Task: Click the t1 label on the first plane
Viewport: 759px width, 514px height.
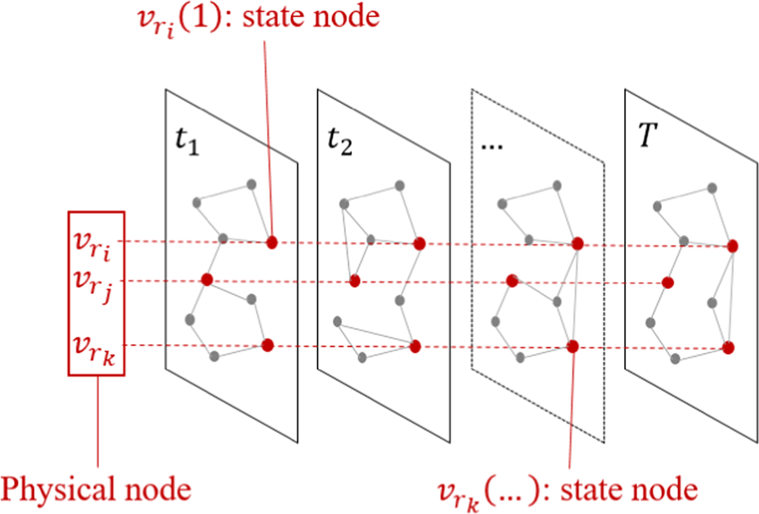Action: [187, 142]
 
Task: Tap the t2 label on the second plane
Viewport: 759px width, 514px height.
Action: [339, 143]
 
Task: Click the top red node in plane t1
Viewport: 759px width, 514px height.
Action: [271, 241]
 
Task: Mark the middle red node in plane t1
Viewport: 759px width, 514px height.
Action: [207, 280]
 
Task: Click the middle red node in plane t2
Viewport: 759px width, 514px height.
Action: [354, 281]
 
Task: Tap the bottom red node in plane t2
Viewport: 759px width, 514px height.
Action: [414, 346]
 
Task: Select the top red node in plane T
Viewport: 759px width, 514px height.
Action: [732, 245]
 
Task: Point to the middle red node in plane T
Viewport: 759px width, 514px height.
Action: [666, 282]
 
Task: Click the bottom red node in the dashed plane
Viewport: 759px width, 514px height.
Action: [572, 346]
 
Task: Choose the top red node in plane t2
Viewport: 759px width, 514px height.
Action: [419, 242]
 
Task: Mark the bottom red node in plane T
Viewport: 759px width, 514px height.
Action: [729, 347]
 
